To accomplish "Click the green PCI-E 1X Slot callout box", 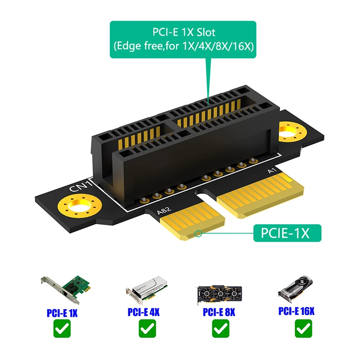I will tap(183, 40).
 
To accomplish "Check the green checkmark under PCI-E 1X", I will tap(62, 330).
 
